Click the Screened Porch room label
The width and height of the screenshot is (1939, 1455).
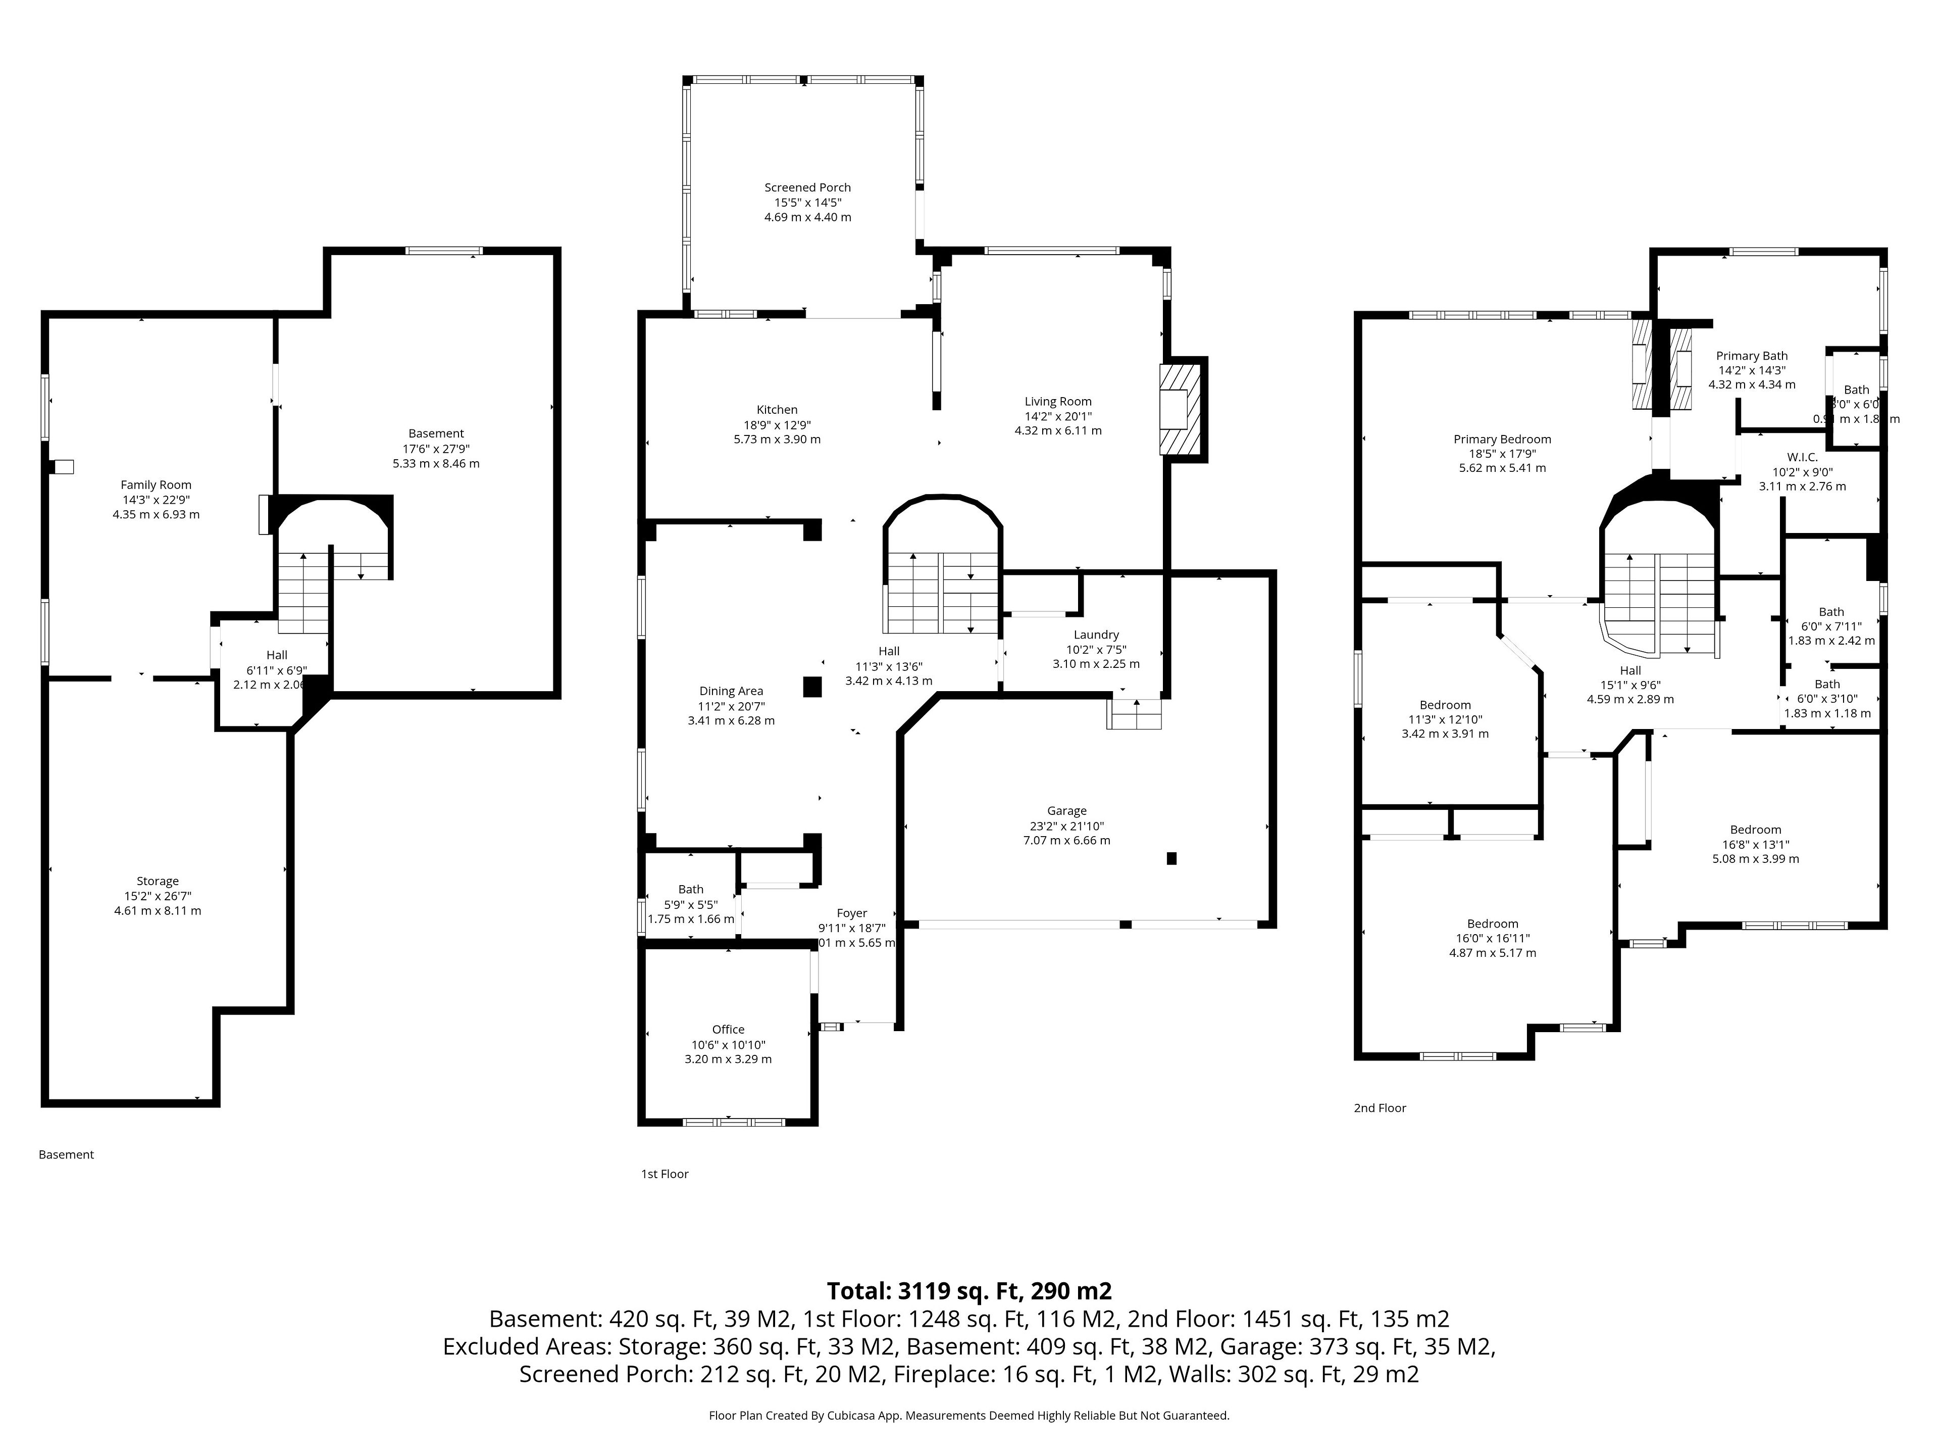[807, 188]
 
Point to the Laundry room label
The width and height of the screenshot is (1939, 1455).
[1096, 635]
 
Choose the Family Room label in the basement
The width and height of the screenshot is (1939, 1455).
[156, 485]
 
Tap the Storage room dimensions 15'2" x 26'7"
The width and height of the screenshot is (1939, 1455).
[158, 896]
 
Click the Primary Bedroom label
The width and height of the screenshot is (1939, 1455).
[1502, 440]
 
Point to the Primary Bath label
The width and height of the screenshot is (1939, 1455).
[1751, 356]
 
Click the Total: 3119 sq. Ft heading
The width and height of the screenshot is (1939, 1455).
[968, 1291]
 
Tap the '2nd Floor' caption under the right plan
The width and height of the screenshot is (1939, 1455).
[1379, 1108]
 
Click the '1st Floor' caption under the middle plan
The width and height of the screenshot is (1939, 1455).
[665, 1174]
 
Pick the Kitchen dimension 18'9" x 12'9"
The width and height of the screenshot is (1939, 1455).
[777, 424]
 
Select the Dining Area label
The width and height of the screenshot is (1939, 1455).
[731, 691]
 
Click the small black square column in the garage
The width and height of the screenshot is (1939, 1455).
[1171, 859]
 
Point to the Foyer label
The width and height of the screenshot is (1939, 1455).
[851, 913]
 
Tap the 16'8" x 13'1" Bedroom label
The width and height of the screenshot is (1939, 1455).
[1755, 830]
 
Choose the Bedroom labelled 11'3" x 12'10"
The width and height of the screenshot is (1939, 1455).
[1445, 705]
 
